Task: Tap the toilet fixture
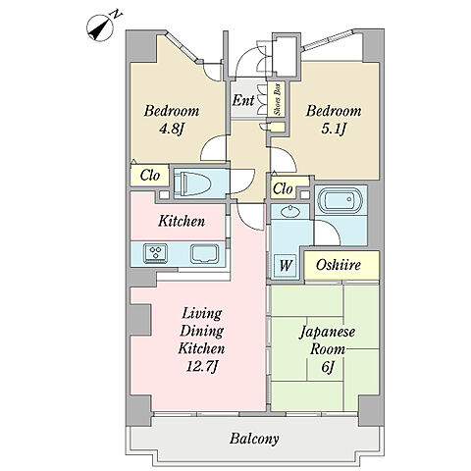click(x=192, y=183)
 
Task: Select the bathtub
click(x=340, y=200)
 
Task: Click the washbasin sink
click(x=290, y=211)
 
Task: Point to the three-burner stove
click(x=155, y=253)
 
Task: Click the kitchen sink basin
click(x=205, y=253)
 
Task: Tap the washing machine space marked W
click(x=286, y=265)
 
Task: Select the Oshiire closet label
click(x=339, y=265)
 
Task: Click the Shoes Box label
click(x=278, y=99)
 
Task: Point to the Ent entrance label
click(x=243, y=100)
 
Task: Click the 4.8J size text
click(x=170, y=129)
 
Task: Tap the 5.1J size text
click(x=334, y=129)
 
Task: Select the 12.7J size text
click(x=201, y=366)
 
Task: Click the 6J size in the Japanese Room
click(x=328, y=367)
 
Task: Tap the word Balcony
click(x=254, y=439)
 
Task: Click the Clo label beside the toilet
click(x=150, y=176)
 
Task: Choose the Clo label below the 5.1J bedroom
click(x=283, y=188)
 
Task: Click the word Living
click(x=202, y=314)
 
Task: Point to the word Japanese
click(x=328, y=333)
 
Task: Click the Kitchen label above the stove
click(x=182, y=221)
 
